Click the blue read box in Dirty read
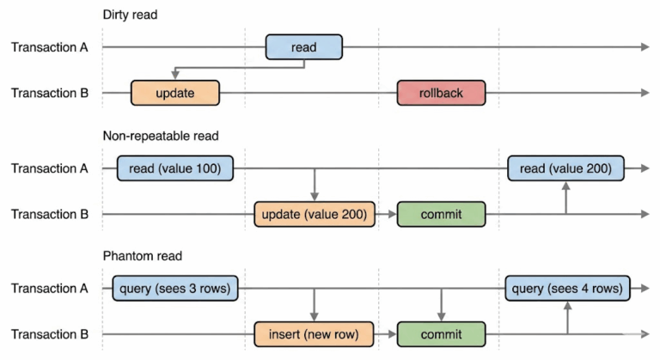303,47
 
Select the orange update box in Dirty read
175,93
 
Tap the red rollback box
441,93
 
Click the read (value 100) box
175,168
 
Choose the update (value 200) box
315,214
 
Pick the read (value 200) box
565,168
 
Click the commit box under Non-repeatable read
441,214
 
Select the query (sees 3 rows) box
175,288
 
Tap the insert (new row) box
315,333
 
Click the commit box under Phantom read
441,333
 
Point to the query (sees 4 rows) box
565,288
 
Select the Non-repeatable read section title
161,136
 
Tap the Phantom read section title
142,256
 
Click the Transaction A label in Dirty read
49,47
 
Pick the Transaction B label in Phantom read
49,333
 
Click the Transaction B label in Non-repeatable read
49,214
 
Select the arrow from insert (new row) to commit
387,333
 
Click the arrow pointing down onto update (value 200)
315,185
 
